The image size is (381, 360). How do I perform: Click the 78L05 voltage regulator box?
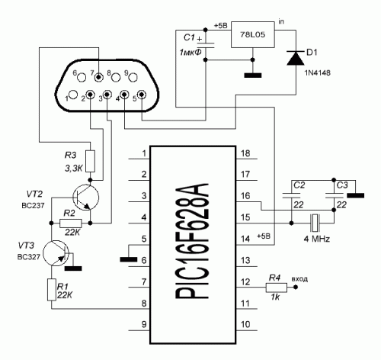[253, 34]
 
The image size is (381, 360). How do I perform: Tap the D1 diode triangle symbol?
[296, 58]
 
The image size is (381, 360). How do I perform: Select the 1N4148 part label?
[318, 73]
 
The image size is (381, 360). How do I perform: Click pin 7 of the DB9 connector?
[98, 76]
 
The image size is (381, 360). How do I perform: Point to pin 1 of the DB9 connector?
[73, 95]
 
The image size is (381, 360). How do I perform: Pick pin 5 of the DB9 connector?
[142, 95]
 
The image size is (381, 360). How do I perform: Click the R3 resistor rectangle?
[90, 161]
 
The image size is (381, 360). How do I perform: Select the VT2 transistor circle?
[85, 198]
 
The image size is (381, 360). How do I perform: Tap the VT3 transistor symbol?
[56, 253]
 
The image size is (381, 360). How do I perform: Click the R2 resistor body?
[71, 223]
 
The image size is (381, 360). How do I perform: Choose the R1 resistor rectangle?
[52, 290]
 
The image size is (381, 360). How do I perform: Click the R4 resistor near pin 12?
[277, 288]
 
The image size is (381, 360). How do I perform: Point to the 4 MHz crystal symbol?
[315, 223]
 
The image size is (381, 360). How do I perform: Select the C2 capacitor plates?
[291, 195]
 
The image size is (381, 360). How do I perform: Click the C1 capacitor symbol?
[206, 45]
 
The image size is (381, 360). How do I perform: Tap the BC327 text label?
[29, 257]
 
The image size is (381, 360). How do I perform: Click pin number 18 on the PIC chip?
[245, 153]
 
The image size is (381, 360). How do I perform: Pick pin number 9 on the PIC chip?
[144, 324]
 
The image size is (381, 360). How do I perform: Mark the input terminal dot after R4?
[296, 288]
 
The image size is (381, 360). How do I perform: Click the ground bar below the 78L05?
[253, 76]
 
